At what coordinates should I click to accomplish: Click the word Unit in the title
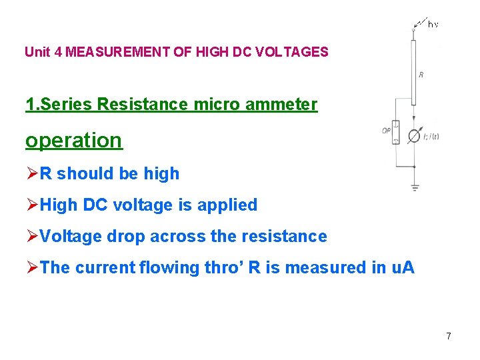point(36,51)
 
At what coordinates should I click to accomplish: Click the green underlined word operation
point(74,141)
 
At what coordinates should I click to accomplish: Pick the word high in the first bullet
point(162,173)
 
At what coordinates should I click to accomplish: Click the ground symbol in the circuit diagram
point(415,187)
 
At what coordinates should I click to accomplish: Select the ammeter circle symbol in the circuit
point(414,136)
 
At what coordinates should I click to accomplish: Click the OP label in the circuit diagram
point(386,131)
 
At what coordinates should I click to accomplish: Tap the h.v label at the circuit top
point(433,24)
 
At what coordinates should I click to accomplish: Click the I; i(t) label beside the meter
point(431,137)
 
